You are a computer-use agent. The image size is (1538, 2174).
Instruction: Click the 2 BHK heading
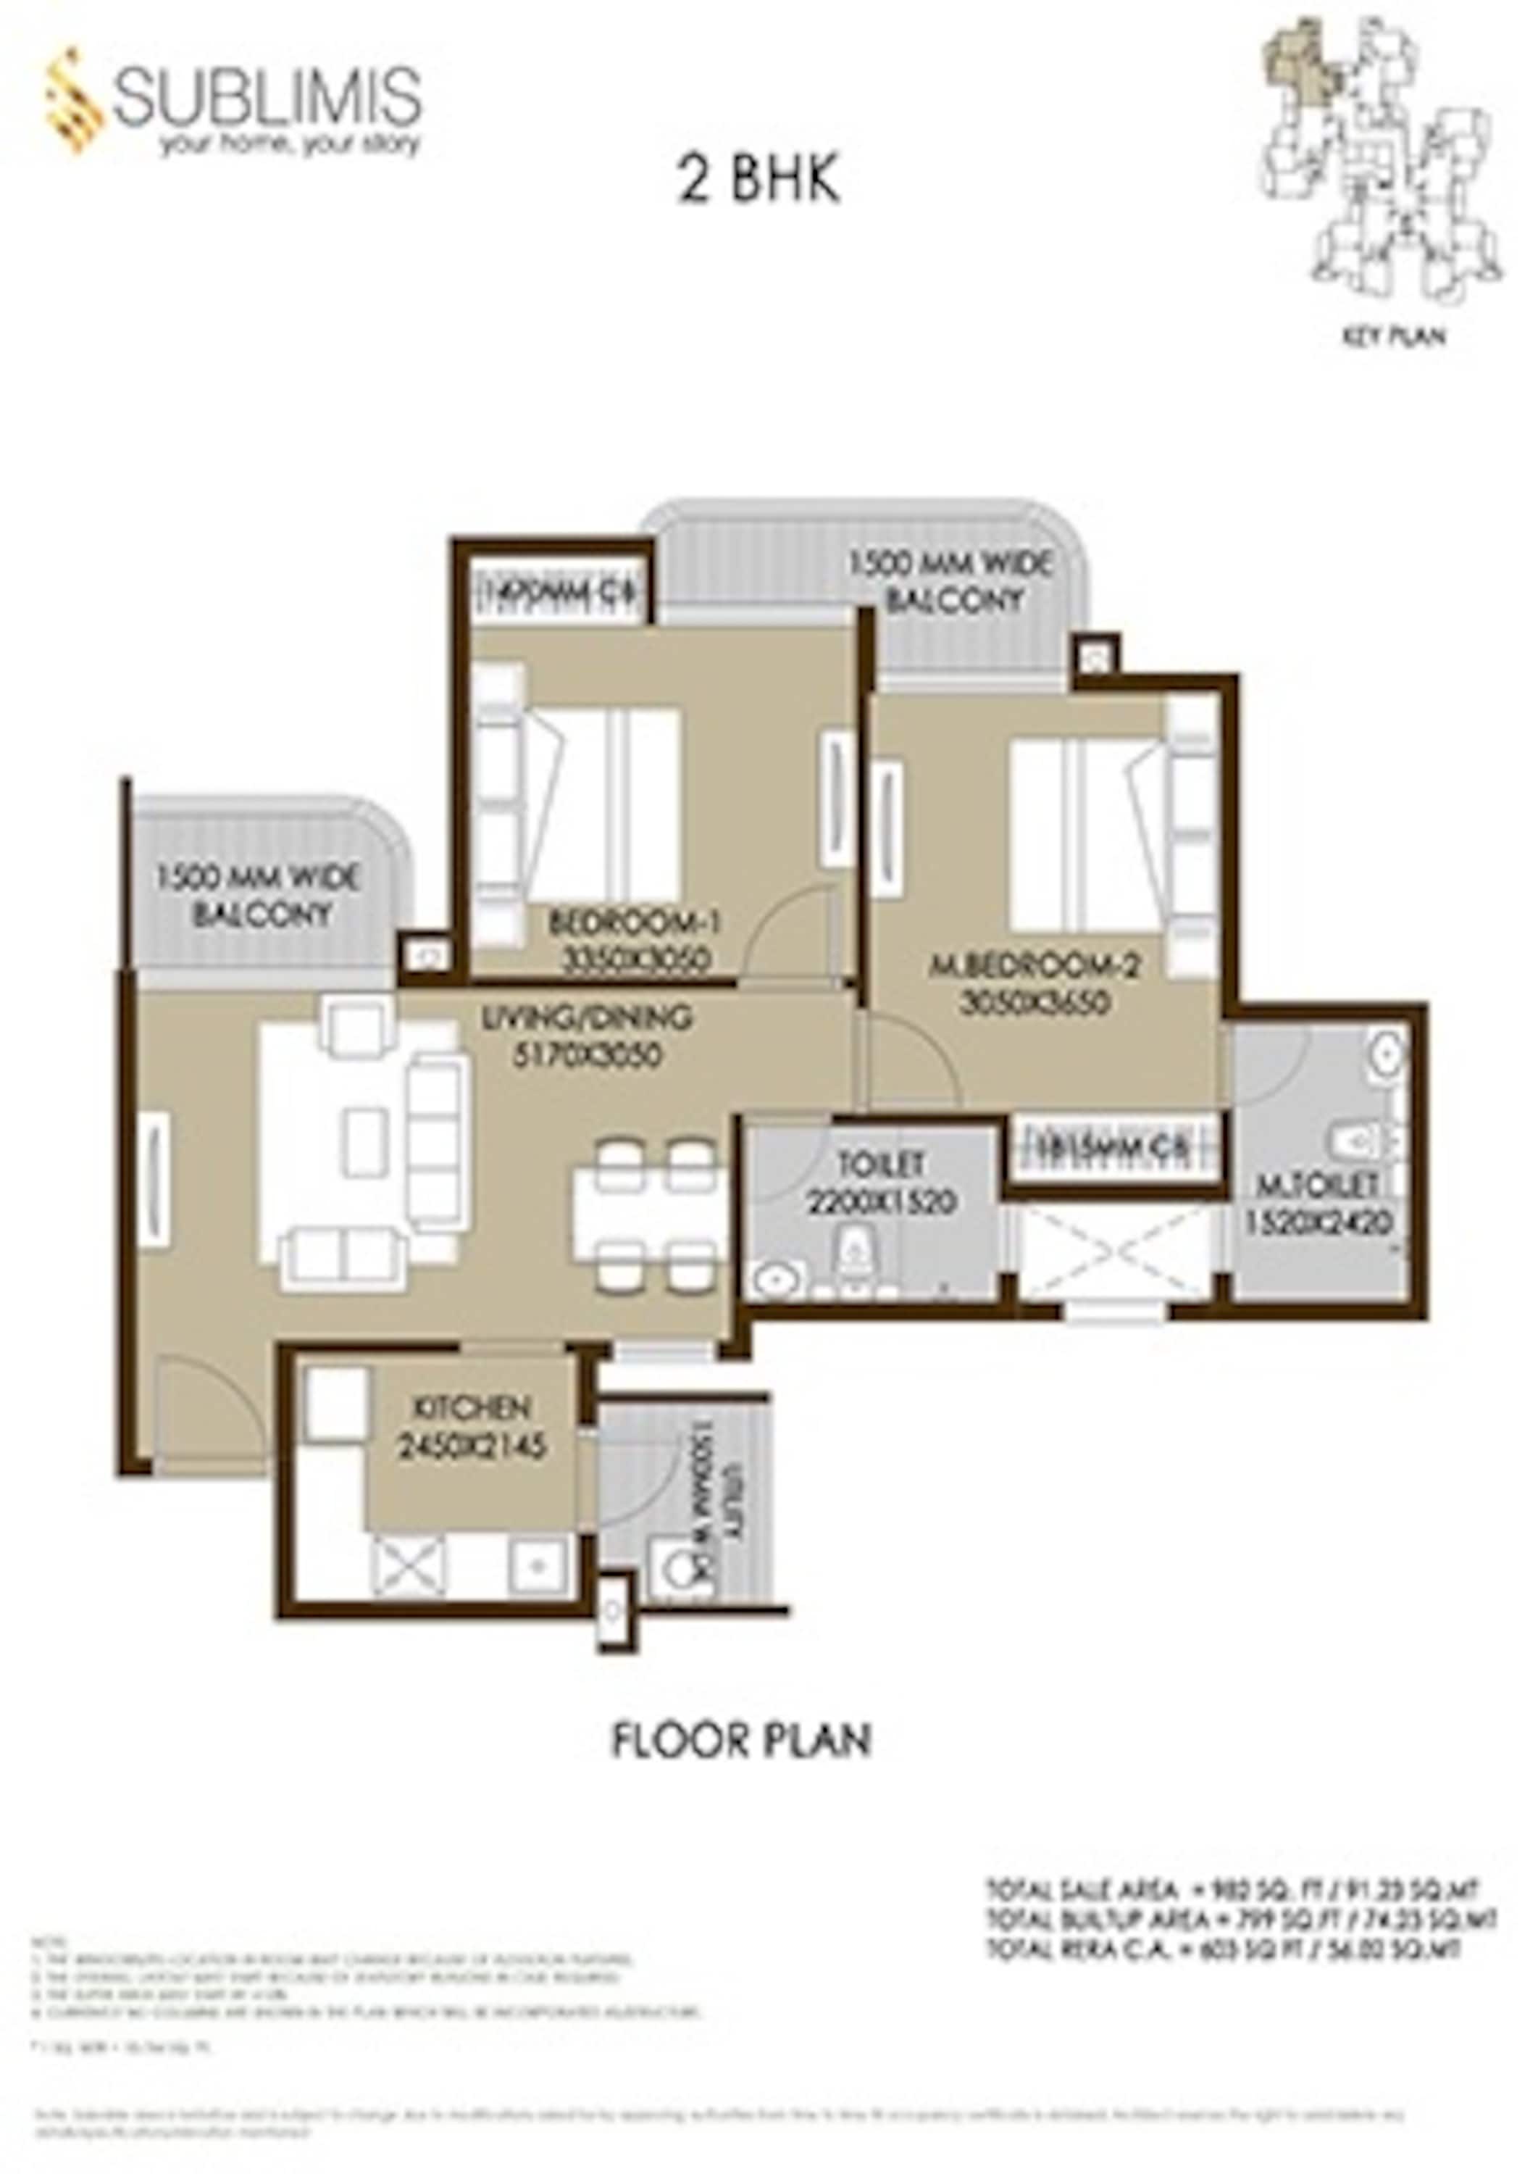(x=758, y=181)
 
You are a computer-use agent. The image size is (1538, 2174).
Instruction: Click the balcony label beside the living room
(x=258, y=894)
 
